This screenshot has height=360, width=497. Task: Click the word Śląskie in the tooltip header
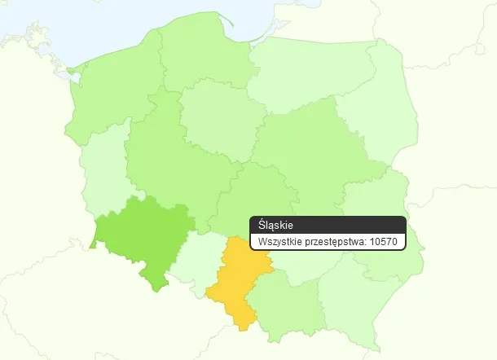(275, 225)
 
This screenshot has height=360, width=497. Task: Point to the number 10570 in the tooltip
(383, 242)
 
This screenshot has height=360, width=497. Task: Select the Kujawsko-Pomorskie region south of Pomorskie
(216, 114)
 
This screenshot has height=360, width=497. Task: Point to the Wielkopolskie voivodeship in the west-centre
(163, 159)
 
